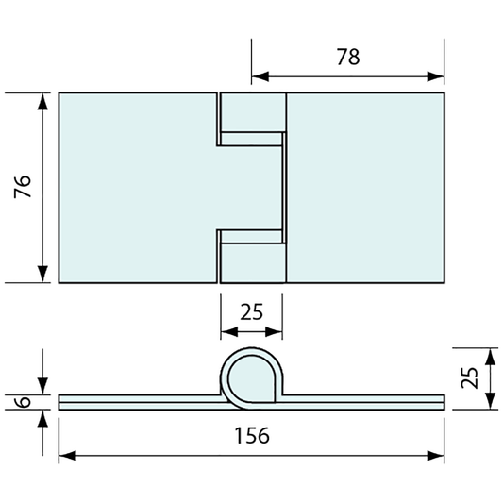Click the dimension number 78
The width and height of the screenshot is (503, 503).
tap(347, 57)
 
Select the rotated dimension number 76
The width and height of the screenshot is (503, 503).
tap(24, 187)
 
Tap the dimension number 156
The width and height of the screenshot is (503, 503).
tap(251, 435)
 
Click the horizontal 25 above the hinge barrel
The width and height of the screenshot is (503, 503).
tap(251, 311)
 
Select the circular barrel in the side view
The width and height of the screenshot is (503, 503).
tap(251, 376)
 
